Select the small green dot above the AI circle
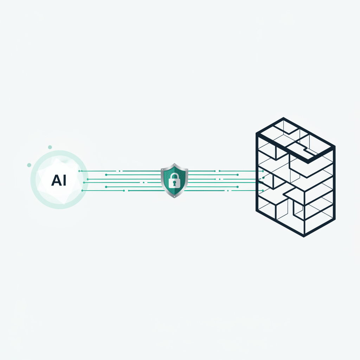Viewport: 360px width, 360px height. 50,147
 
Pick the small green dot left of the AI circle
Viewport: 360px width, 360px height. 29,165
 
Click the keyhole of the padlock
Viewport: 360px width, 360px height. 174,183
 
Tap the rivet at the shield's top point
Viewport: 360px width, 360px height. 174,165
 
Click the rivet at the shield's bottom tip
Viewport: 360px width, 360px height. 174,197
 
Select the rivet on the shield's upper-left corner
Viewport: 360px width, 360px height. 162,170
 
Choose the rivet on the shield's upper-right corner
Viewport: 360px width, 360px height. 187,170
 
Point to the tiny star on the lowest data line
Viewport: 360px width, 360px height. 228,191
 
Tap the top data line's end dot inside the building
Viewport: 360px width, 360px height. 263,171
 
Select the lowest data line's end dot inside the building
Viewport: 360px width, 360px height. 263,191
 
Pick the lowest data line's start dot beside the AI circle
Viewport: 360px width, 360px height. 82,191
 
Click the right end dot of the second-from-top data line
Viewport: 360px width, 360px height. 238,175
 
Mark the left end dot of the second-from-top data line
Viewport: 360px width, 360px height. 106,175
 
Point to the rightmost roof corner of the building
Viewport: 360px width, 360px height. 335,146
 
